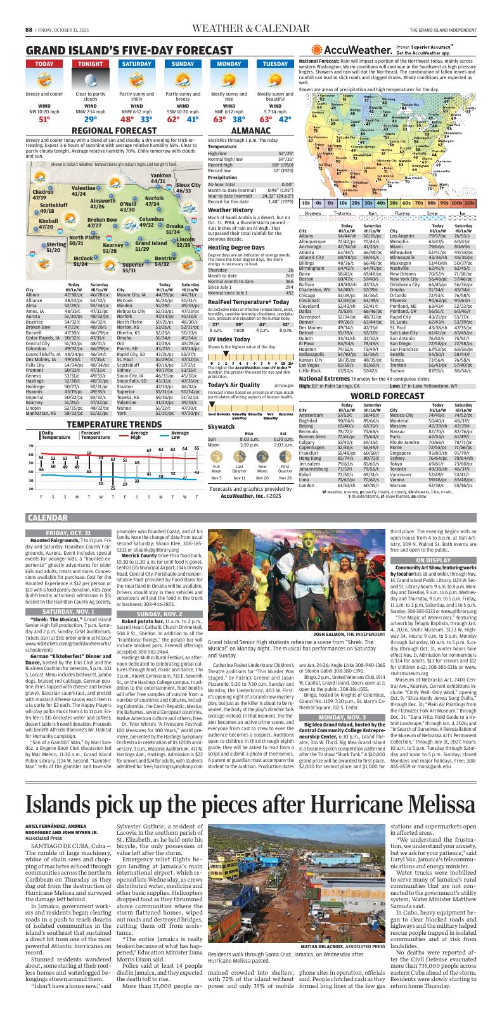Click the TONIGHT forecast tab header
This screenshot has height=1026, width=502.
point(91,64)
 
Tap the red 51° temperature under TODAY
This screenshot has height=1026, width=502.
point(44,118)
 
